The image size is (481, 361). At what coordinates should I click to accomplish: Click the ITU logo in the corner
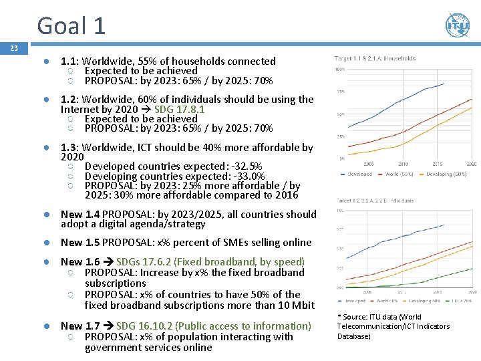click(457, 25)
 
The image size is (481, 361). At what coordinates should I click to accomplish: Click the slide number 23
click(13, 48)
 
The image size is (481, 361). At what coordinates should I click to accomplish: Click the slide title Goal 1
click(71, 25)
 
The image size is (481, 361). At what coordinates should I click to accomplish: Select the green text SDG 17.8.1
click(180, 109)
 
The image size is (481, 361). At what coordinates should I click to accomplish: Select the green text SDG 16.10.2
click(154, 326)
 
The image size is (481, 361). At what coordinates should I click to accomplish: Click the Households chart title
click(375, 59)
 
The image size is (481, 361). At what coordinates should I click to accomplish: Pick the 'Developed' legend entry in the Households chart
click(358, 174)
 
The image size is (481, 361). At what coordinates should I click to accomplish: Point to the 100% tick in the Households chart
click(339, 69)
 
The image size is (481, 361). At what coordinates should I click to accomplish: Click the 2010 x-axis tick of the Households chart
click(404, 164)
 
